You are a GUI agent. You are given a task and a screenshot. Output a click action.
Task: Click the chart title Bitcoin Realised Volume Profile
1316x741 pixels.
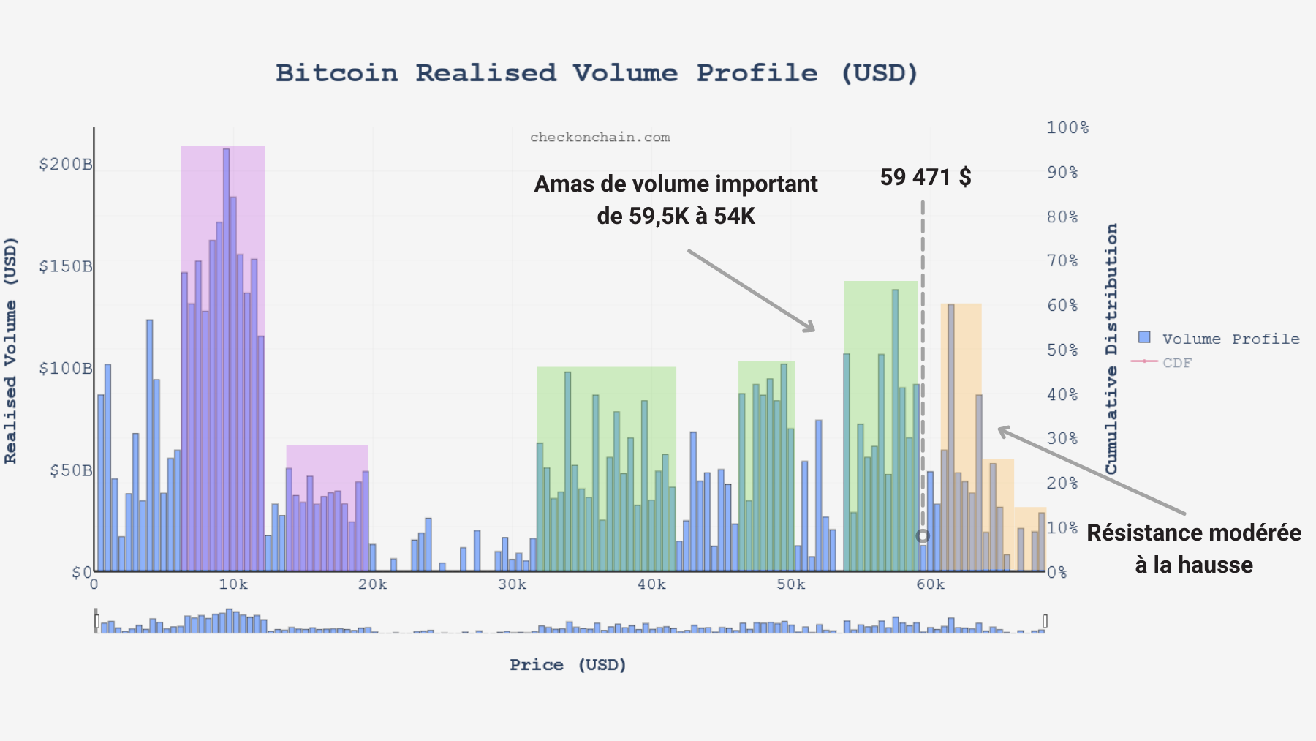(x=597, y=73)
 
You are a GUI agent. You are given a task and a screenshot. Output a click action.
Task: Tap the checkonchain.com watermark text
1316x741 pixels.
(x=600, y=138)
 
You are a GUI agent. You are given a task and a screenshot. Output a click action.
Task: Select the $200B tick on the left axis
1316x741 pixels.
(x=66, y=165)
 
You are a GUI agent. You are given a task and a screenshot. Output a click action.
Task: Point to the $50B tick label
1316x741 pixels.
(x=71, y=470)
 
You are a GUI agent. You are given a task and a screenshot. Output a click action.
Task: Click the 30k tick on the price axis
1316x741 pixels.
(x=512, y=584)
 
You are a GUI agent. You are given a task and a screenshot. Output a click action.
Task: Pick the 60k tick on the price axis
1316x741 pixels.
(x=930, y=584)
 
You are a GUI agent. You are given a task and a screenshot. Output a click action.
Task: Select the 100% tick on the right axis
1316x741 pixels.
(x=1067, y=128)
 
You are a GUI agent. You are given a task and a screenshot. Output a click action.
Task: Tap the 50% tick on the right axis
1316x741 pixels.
(x=1062, y=350)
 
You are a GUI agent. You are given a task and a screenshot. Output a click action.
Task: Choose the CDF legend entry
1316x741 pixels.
(x=1177, y=363)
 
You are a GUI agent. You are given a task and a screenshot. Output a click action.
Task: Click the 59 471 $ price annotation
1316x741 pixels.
(x=926, y=177)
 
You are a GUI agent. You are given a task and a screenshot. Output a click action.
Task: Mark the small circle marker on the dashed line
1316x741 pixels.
(x=923, y=536)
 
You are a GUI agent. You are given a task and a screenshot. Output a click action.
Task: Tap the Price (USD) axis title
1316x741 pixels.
(x=568, y=665)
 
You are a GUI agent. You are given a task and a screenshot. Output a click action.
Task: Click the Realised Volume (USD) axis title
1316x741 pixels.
(x=11, y=351)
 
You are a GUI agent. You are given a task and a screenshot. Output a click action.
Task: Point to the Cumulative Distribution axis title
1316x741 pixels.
(x=1111, y=349)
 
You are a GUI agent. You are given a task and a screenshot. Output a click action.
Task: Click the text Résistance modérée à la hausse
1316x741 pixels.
(x=1194, y=549)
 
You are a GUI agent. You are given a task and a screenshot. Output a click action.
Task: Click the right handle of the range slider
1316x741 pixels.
(x=1045, y=621)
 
